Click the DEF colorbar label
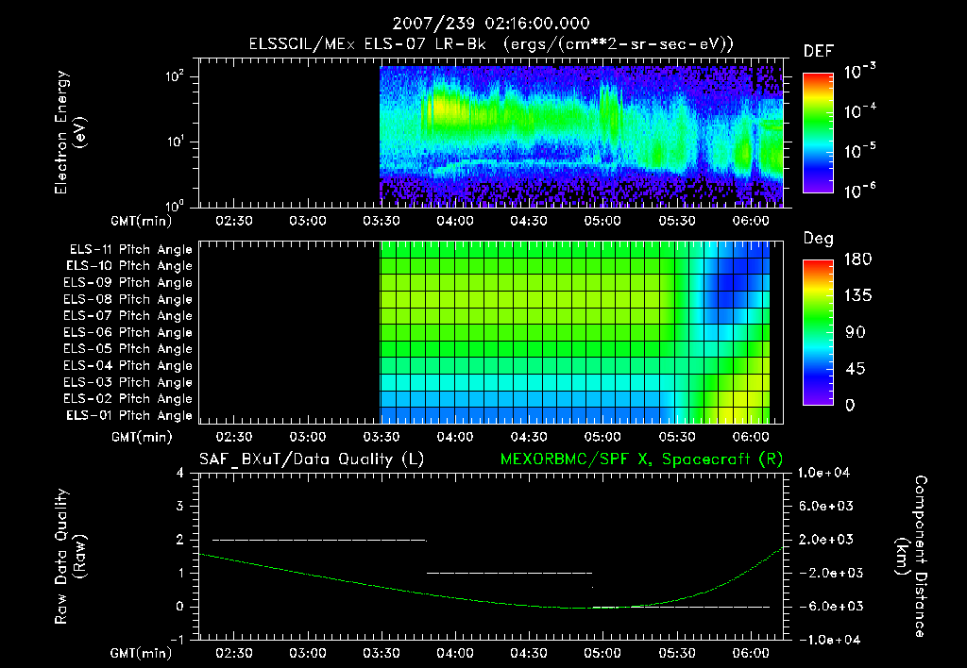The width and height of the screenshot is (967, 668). (818, 52)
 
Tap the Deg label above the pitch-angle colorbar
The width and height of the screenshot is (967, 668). (818, 239)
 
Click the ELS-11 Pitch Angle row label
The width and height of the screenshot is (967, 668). (130, 250)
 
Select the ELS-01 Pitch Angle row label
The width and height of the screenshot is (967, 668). (130, 416)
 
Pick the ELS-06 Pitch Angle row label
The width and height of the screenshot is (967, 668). (130, 333)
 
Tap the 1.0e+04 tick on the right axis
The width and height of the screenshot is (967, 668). (825, 473)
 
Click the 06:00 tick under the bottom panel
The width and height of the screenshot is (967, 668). (750, 653)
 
